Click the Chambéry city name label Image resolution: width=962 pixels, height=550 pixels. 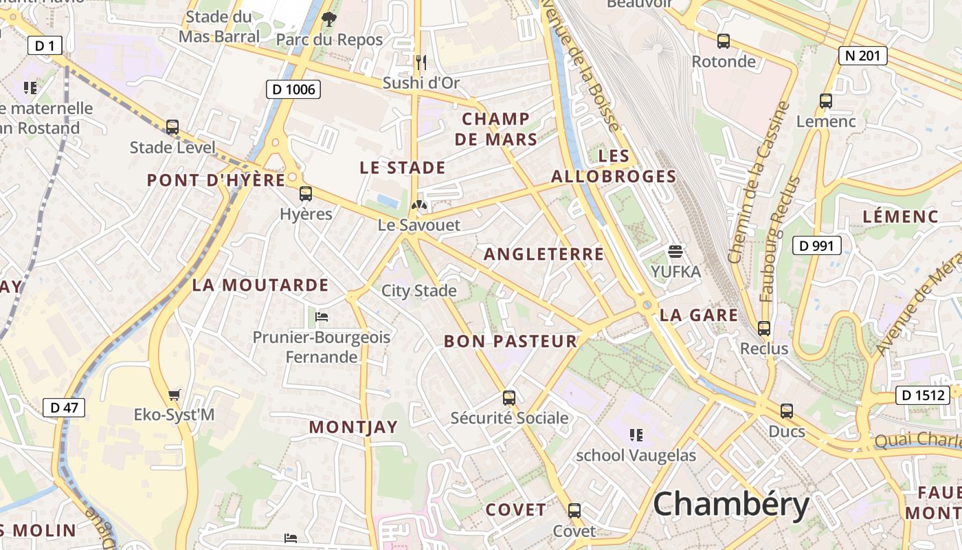(x=731, y=505)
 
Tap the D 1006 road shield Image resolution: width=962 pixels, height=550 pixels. (x=293, y=89)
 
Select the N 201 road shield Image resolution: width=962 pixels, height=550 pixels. (x=863, y=56)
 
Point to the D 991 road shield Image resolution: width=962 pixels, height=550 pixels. (x=817, y=245)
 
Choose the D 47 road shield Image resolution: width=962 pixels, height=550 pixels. (x=65, y=407)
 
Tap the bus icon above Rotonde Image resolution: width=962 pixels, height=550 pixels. (x=724, y=41)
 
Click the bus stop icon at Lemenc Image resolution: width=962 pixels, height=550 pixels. (x=826, y=101)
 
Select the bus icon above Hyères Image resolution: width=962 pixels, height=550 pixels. (x=306, y=194)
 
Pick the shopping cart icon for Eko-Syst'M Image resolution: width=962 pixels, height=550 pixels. (x=174, y=395)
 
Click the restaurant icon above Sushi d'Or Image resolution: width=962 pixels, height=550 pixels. (x=421, y=63)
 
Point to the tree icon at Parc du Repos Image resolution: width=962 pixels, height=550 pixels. (x=329, y=19)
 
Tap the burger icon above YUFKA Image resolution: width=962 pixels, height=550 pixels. (x=675, y=252)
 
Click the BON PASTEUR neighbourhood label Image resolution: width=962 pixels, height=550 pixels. (x=511, y=341)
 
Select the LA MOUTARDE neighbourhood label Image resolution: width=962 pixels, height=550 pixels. (x=260, y=285)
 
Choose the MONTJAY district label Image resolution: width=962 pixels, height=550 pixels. (x=353, y=427)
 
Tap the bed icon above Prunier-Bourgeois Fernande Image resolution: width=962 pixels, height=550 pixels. (x=321, y=317)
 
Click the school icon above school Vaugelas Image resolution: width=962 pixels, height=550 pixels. (x=636, y=434)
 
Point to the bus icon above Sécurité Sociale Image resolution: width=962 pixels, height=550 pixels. (x=509, y=397)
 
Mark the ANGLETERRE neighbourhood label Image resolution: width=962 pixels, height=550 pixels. (x=544, y=254)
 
